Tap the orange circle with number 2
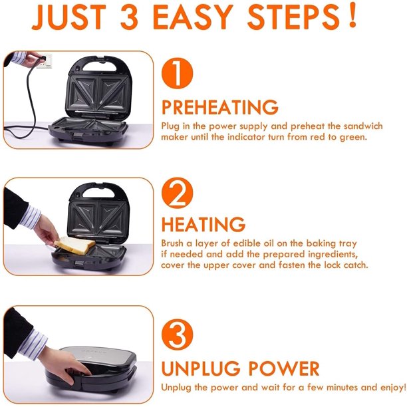[x=177, y=194]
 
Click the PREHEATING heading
[x=220, y=108]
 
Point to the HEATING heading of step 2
[x=203, y=225]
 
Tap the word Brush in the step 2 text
[x=174, y=243]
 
